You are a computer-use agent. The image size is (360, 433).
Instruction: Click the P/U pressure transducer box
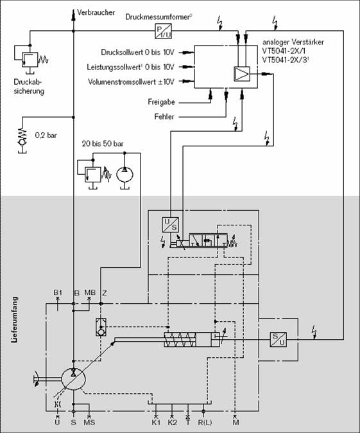[163, 31]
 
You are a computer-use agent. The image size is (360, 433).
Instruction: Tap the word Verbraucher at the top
[96, 13]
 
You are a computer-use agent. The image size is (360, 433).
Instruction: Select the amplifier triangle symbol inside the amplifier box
[242, 74]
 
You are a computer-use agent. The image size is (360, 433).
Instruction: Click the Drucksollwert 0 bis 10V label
[138, 52]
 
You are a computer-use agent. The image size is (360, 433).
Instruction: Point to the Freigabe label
[161, 102]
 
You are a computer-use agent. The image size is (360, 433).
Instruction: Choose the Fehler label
[164, 116]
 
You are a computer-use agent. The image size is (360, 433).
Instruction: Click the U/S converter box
[170, 224]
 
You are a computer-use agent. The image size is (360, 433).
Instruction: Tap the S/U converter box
[278, 339]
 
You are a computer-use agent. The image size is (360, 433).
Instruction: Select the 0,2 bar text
[46, 135]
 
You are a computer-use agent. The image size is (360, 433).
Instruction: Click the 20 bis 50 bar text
[103, 144]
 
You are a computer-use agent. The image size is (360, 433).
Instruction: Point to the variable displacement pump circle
[73, 380]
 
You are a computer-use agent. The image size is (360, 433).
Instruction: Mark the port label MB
[90, 293]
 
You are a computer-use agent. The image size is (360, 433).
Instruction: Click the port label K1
[156, 422]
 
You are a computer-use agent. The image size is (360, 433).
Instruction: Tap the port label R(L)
[205, 422]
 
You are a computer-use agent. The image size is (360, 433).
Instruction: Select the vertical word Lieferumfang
[14, 319]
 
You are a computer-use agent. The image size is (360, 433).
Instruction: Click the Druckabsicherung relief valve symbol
[30, 59]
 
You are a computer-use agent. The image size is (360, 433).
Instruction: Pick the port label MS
[89, 422]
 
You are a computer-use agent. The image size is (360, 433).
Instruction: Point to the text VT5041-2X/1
[284, 51]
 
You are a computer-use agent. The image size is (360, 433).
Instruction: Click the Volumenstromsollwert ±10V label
[131, 82]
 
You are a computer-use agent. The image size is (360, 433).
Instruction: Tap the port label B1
[58, 293]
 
